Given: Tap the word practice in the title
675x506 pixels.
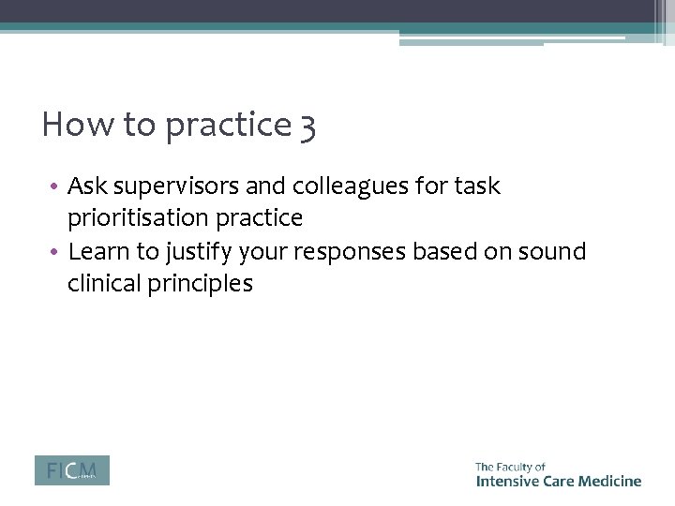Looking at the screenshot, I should click(x=228, y=126).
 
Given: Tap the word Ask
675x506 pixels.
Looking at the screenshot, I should click(x=86, y=186).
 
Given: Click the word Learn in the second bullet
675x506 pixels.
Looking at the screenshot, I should click(x=95, y=251).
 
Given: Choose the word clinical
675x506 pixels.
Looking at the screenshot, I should click(x=104, y=284).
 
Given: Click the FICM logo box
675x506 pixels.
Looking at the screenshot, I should click(x=71, y=470).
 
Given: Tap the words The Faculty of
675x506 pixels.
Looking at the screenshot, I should click(x=510, y=467).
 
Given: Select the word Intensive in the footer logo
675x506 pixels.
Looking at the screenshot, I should click(x=506, y=481).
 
